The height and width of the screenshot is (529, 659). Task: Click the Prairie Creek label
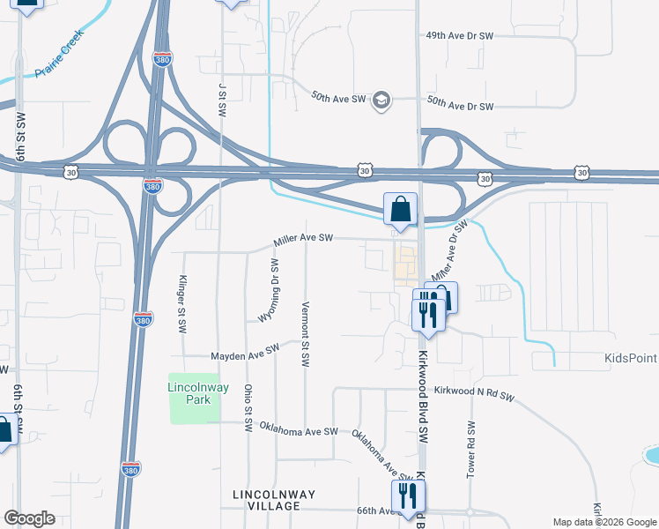coord(59,54)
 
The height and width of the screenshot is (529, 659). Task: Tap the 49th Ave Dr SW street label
coord(460,36)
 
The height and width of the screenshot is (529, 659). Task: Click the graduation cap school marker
coord(381,98)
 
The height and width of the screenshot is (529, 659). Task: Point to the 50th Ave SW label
coord(339,96)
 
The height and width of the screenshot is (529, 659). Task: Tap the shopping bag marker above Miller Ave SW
coord(400,210)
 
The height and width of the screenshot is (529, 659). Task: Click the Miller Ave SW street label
coord(303,238)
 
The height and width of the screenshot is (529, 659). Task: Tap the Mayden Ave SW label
coord(244,354)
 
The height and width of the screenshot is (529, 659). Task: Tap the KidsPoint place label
coord(631,358)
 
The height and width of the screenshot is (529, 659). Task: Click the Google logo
coord(29,518)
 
